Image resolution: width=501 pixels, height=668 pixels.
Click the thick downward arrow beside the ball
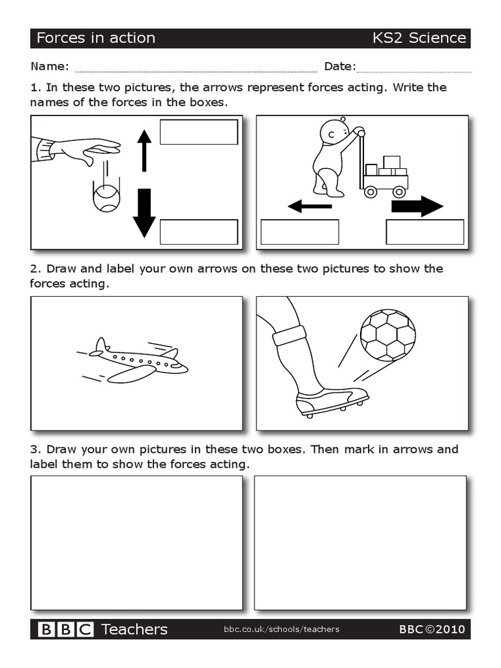(144, 213)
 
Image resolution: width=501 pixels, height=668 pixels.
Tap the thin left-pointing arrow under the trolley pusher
(310, 207)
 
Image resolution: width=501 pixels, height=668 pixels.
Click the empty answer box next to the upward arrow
(198, 132)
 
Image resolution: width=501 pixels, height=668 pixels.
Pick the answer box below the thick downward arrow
(198, 232)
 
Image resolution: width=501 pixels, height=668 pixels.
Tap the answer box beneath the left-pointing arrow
(299, 232)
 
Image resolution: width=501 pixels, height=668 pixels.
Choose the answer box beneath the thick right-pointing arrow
(425, 232)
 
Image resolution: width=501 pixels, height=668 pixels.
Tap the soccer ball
(387, 335)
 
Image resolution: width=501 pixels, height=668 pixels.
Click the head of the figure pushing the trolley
(334, 133)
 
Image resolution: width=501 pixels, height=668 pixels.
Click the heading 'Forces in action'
(96, 38)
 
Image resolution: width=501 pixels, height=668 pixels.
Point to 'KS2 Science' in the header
(419, 38)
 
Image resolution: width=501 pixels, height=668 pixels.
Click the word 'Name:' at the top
(50, 67)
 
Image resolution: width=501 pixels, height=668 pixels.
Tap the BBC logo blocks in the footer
(66, 630)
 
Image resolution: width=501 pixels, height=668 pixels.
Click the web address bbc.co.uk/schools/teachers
(281, 630)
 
